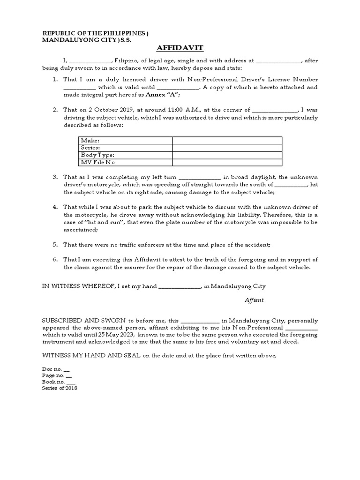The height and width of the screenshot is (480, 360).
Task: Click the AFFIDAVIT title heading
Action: (180, 49)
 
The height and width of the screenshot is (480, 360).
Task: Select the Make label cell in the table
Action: (90, 141)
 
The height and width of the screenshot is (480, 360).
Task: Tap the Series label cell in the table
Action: (90, 148)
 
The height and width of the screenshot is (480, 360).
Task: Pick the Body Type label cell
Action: (97, 155)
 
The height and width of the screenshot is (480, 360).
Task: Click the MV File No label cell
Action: (97, 162)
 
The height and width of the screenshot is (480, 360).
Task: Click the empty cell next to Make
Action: (227, 141)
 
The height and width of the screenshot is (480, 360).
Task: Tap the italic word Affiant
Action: (254, 300)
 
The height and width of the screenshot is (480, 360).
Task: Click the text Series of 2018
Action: (60, 388)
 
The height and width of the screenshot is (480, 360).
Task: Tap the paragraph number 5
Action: (55, 245)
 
